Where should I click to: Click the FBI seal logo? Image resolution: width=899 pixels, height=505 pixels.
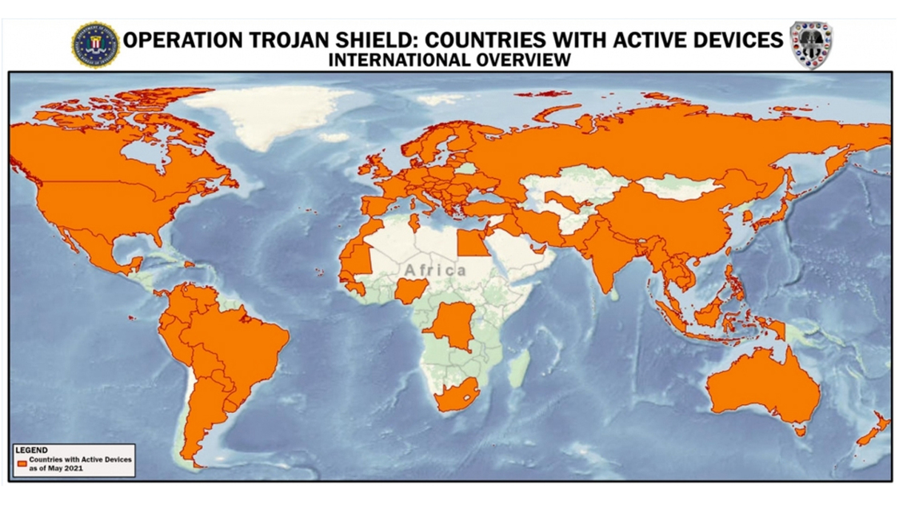[x=95, y=45]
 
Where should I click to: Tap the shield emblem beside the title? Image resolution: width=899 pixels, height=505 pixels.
[x=811, y=45]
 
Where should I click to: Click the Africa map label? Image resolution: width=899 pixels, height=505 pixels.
[x=435, y=270]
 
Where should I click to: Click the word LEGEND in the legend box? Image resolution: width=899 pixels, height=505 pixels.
[x=32, y=451]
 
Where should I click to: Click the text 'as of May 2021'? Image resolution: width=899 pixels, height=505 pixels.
[x=57, y=468]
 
